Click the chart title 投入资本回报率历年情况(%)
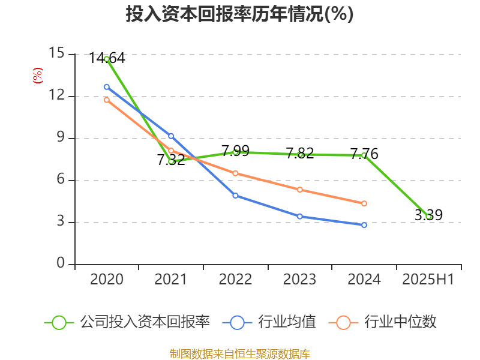point(239,14)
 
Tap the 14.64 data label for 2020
point(107,58)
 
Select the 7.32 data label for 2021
point(171,160)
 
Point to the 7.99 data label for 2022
point(235,151)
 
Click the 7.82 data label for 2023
point(299,153)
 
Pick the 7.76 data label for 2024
point(364,154)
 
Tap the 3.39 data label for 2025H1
point(428,215)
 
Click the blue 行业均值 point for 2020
point(107,87)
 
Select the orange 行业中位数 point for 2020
point(107,100)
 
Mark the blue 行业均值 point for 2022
point(235,196)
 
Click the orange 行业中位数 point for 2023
point(299,190)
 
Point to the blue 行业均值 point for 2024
point(364,225)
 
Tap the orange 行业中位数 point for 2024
point(364,203)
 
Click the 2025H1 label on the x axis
point(428,280)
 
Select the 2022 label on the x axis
point(235,280)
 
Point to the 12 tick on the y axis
point(58,96)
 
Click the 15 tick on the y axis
point(58,54)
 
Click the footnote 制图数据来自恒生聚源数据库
point(239,353)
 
